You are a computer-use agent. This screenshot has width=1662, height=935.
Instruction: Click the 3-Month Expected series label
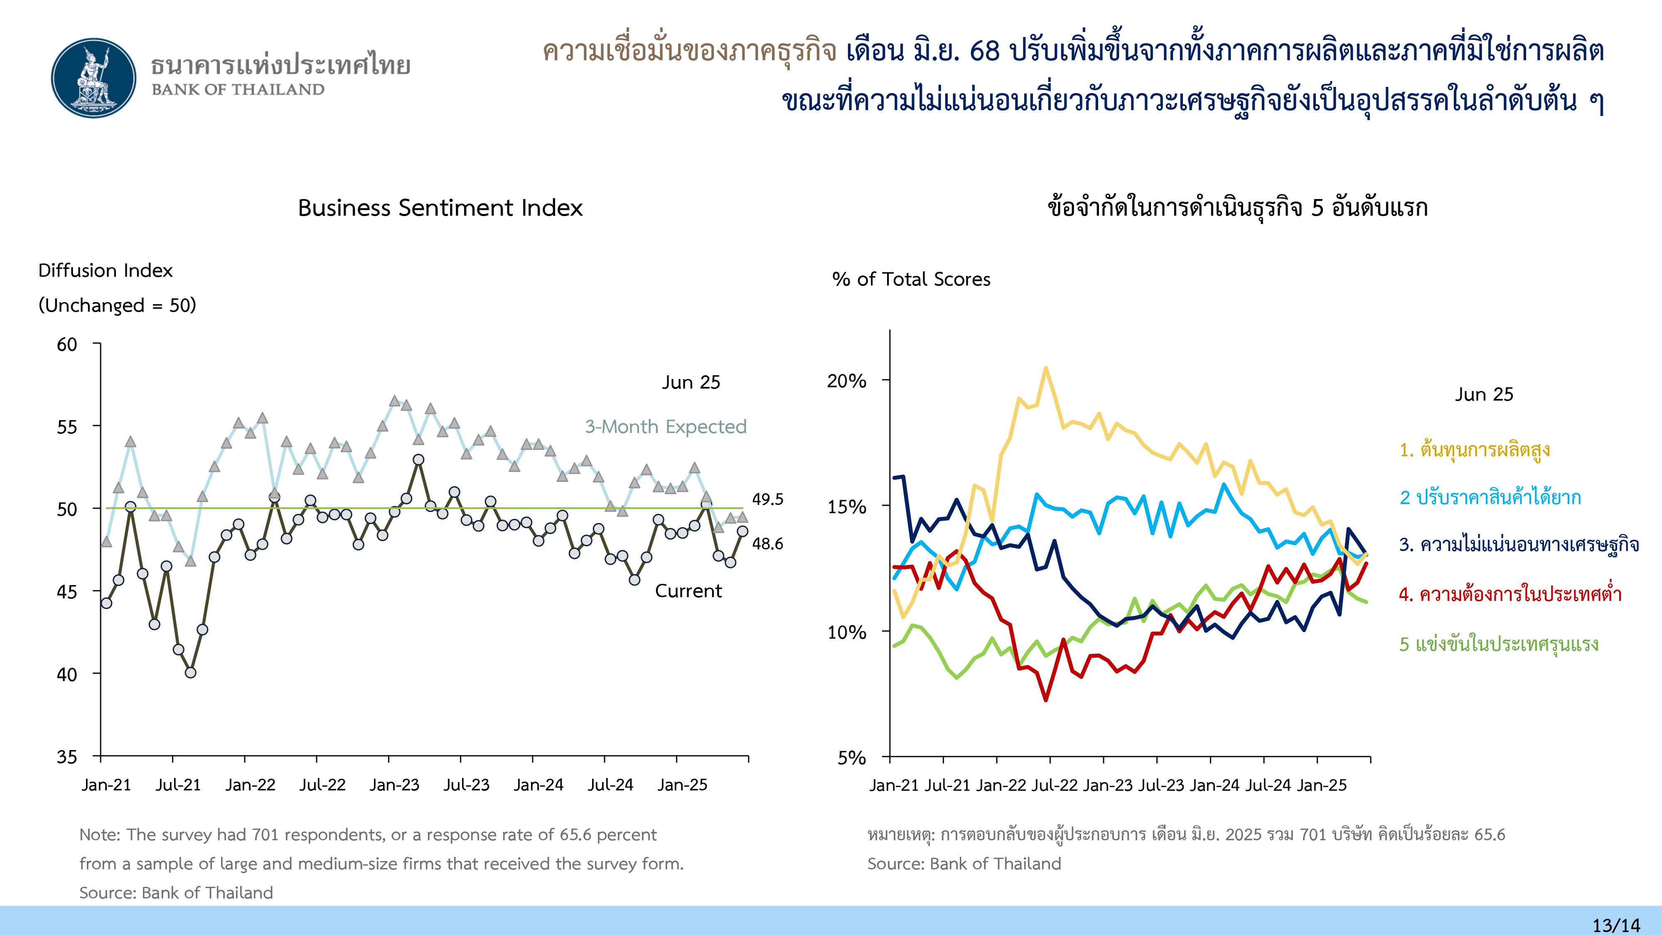click(665, 426)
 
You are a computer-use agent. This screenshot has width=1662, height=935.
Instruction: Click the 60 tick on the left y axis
click(67, 344)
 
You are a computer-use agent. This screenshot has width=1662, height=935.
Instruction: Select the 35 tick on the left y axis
click(67, 756)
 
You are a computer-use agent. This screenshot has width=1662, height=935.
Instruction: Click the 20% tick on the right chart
click(846, 381)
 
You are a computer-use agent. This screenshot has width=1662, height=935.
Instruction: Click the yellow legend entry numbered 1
click(1474, 449)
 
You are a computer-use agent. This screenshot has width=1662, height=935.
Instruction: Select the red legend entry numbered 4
click(1510, 594)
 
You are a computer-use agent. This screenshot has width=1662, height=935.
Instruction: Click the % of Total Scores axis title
click(911, 279)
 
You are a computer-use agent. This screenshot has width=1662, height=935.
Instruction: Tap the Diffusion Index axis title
click(105, 271)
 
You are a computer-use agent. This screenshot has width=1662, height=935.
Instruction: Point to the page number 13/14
click(1615, 925)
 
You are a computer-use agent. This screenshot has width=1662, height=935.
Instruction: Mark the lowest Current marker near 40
click(190, 672)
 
